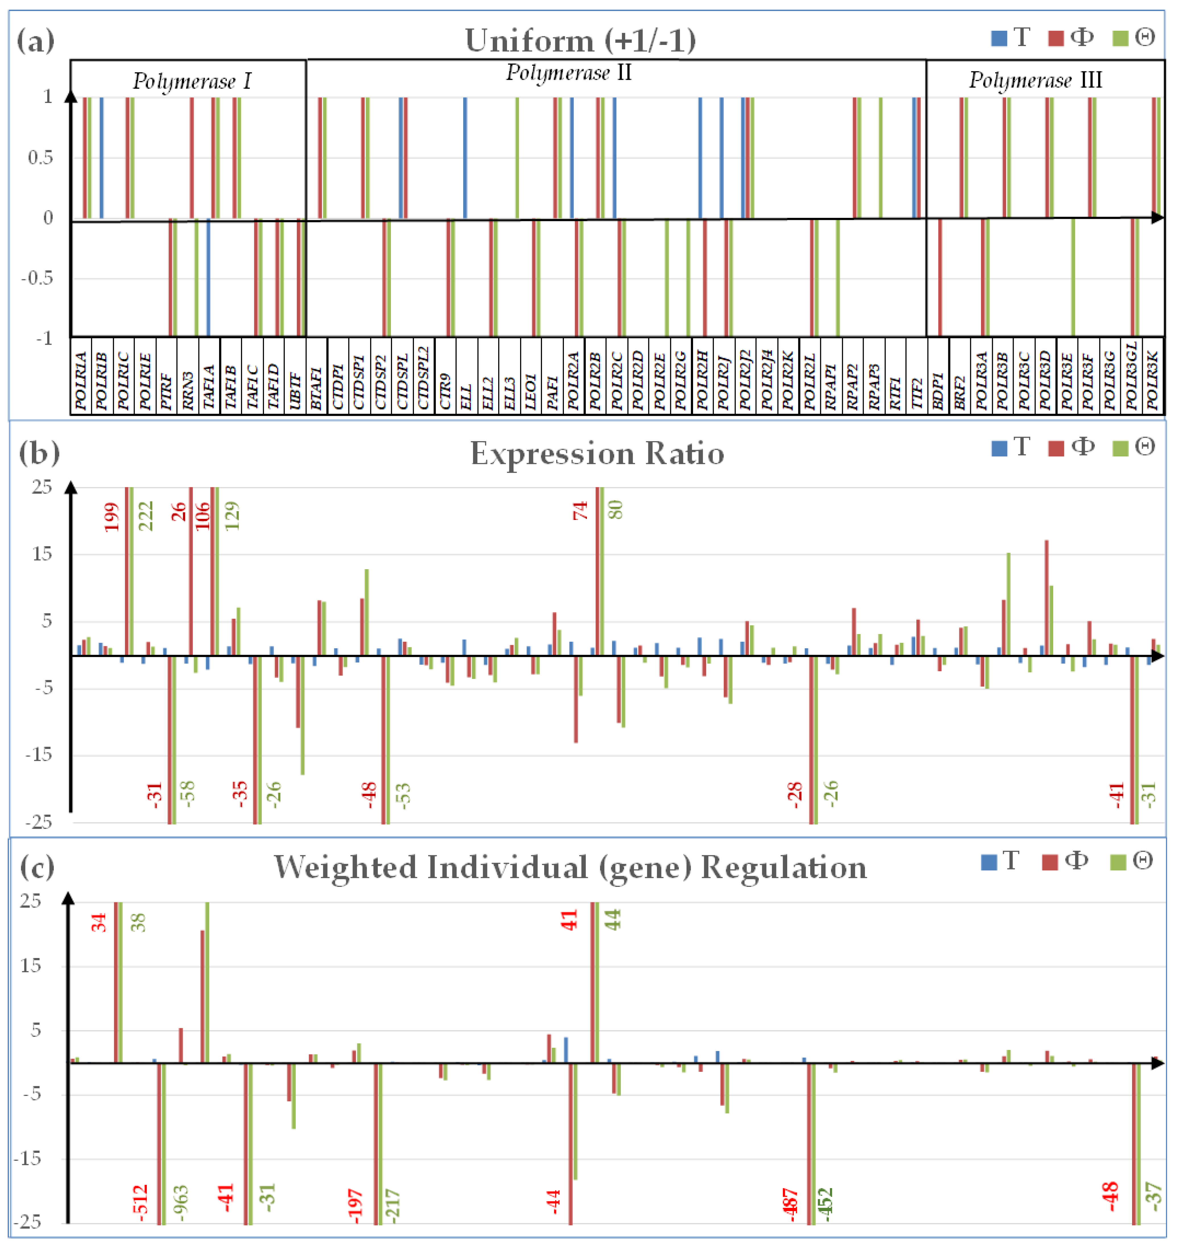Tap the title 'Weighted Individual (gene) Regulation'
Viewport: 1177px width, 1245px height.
point(570,868)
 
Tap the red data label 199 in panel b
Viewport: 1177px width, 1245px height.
point(112,517)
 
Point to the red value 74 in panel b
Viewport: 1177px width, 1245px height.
point(580,511)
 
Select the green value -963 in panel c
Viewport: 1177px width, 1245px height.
point(181,1202)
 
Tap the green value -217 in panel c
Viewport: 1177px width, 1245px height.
point(392,1205)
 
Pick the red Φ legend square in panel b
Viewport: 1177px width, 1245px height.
point(1056,449)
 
